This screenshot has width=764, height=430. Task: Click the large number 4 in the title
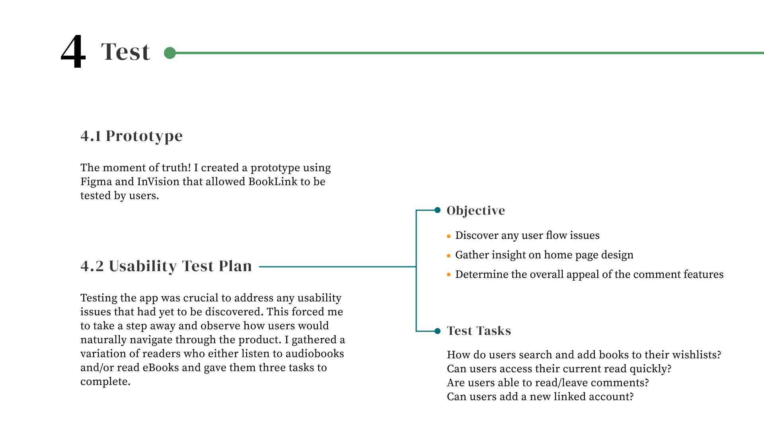pyautogui.click(x=73, y=51)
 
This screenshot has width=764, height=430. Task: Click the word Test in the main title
pyautogui.click(x=125, y=52)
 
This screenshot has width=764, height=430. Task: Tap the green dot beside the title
pyautogui.click(x=170, y=53)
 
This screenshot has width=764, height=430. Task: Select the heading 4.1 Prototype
pyautogui.click(x=131, y=136)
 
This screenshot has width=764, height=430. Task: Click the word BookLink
pyautogui.click(x=273, y=182)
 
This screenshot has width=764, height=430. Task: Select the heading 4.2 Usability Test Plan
pyautogui.click(x=166, y=266)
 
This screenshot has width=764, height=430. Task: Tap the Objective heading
pyautogui.click(x=476, y=210)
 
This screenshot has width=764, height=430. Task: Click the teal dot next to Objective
pyautogui.click(x=437, y=210)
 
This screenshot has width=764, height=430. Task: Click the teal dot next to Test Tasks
pyautogui.click(x=437, y=331)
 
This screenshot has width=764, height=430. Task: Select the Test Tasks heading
pyautogui.click(x=479, y=331)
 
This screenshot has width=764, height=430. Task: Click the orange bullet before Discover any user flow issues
pyautogui.click(x=449, y=236)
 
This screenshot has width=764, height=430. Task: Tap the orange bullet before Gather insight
pyautogui.click(x=449, y=256)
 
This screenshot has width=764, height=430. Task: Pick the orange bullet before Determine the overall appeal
pyautogui.click(x=449, y=275)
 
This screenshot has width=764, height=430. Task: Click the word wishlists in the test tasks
pyautogui.click(x=696, y=355)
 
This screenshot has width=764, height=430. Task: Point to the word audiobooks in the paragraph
pyautogui.click(x=314, y=354)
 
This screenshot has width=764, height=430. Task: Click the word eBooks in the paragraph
pyautogui.click(x=161, y=367)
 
